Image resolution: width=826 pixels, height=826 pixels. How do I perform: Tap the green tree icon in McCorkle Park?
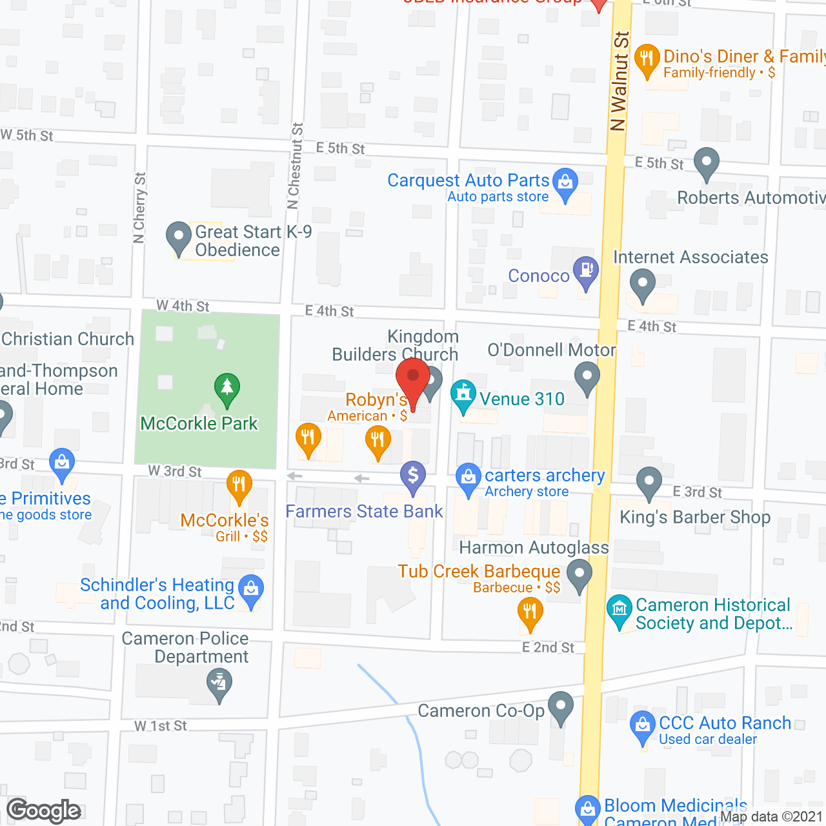227,388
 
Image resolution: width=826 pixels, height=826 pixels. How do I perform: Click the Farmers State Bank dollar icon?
413,476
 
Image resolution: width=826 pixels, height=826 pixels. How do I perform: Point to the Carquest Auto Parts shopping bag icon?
565,182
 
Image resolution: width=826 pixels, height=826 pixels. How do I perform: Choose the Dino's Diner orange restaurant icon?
647,59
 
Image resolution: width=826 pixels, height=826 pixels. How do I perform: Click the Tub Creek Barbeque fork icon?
530,610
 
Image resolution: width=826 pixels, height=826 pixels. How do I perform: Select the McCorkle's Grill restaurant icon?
239,484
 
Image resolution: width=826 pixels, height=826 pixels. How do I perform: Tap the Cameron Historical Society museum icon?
619,608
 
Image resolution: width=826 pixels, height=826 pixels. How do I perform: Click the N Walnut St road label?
619,82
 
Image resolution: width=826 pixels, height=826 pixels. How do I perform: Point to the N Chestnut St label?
295,166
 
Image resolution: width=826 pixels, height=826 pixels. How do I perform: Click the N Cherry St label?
139,207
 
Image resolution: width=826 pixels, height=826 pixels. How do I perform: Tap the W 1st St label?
161,726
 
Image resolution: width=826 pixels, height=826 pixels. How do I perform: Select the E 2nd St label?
548,647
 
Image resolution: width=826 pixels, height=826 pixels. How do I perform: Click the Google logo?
44,811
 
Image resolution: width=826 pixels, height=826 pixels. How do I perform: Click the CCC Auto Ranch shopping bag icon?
643,724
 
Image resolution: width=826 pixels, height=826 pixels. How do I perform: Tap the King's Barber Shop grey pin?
649,481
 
